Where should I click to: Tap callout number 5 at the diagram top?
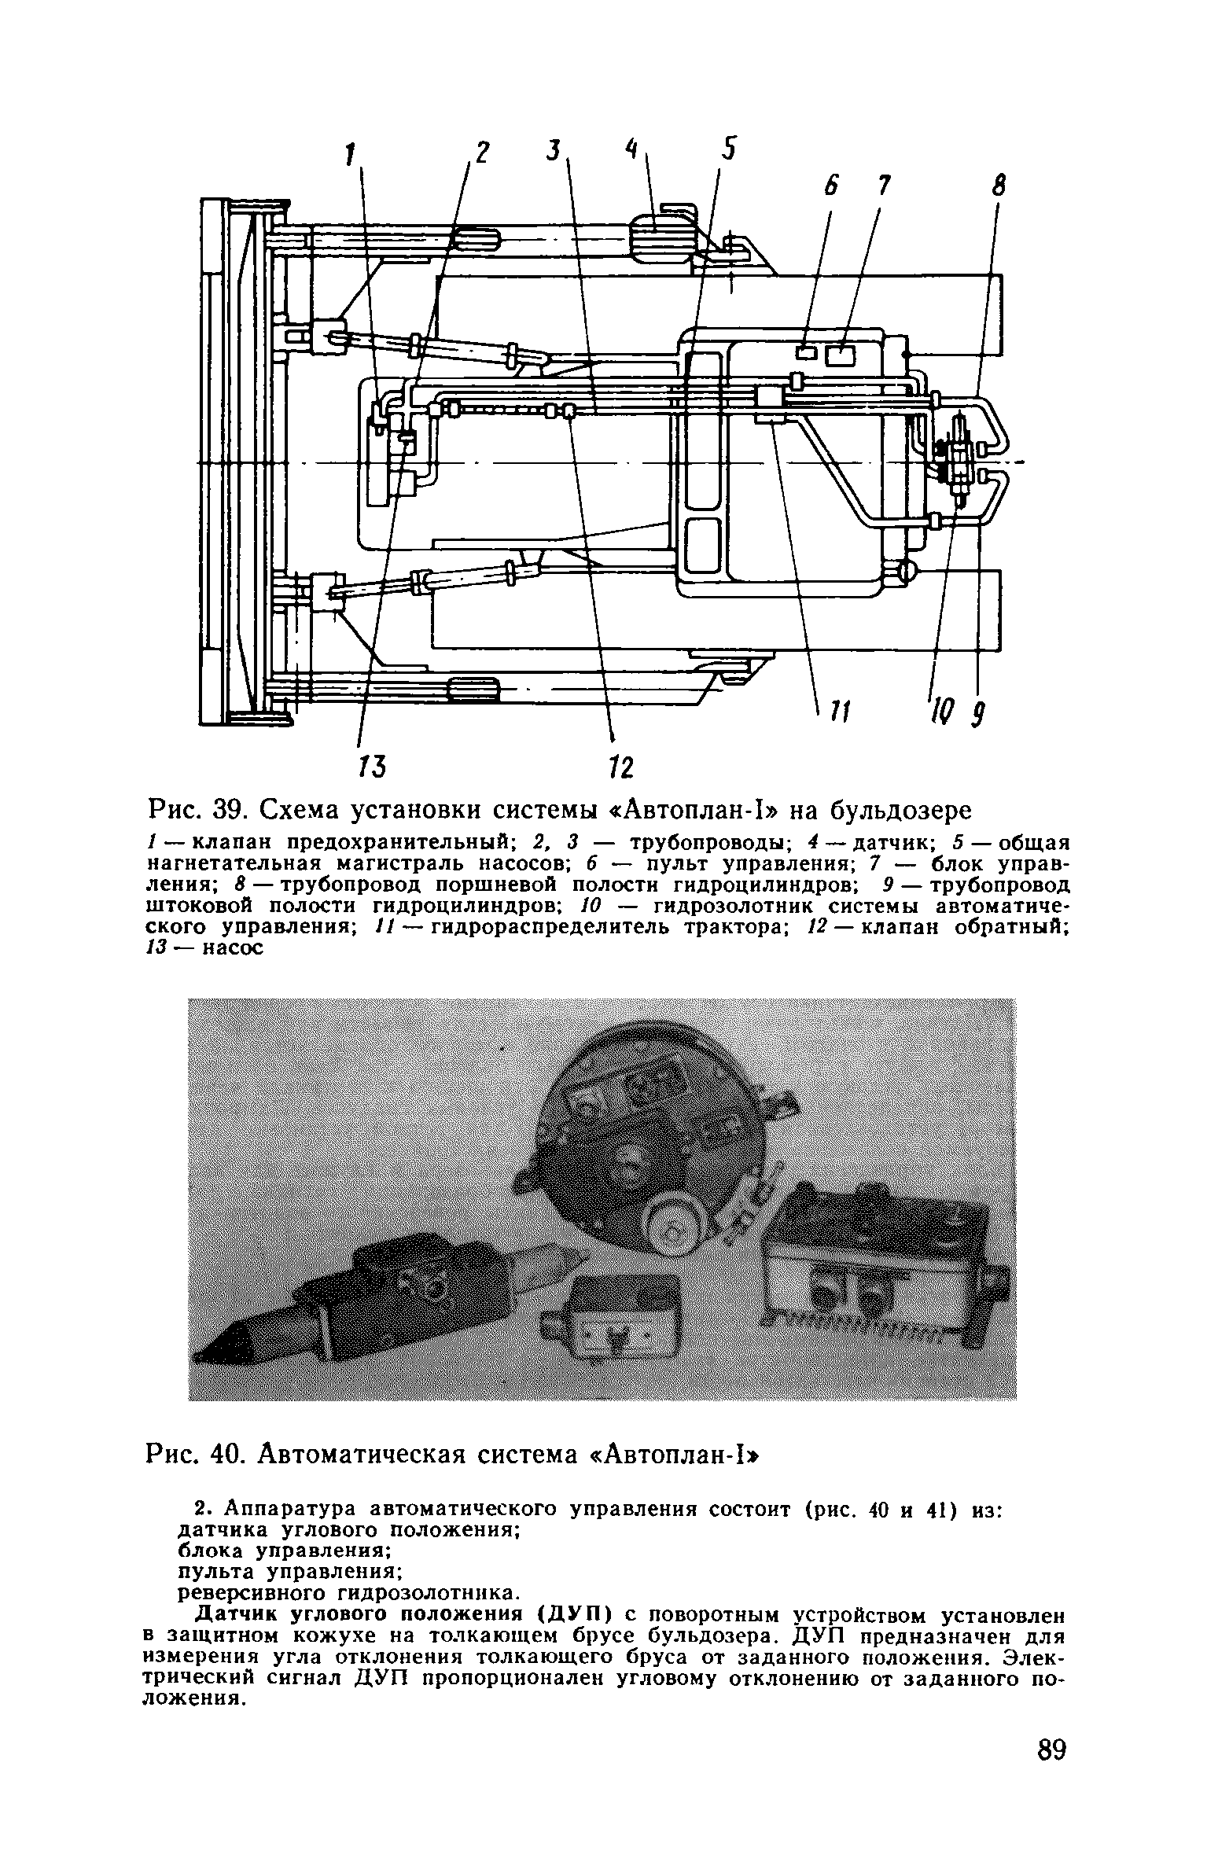729,149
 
